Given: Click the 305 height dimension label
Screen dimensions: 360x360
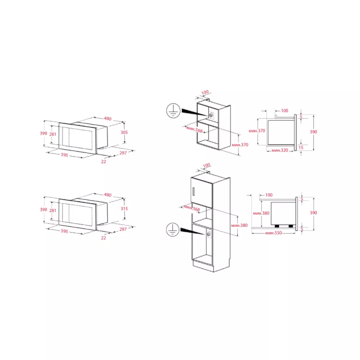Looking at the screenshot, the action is pos(124,132).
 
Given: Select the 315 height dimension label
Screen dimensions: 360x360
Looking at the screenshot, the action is pos(124,209).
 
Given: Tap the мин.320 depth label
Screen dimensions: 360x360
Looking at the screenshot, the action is pos(279,150).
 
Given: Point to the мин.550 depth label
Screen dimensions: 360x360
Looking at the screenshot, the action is pos(274,233).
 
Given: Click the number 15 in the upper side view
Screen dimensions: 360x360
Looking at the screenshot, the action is pos(301,148).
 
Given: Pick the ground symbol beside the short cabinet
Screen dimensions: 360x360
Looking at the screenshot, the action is pos(173,111).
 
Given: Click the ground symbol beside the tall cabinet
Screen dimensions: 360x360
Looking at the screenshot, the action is pos(172,229).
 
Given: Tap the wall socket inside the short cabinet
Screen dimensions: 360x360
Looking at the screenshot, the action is pos(211,115).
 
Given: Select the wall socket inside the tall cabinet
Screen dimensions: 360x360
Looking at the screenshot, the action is pos(208,234).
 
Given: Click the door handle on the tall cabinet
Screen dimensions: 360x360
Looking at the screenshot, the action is pos(193,192).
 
